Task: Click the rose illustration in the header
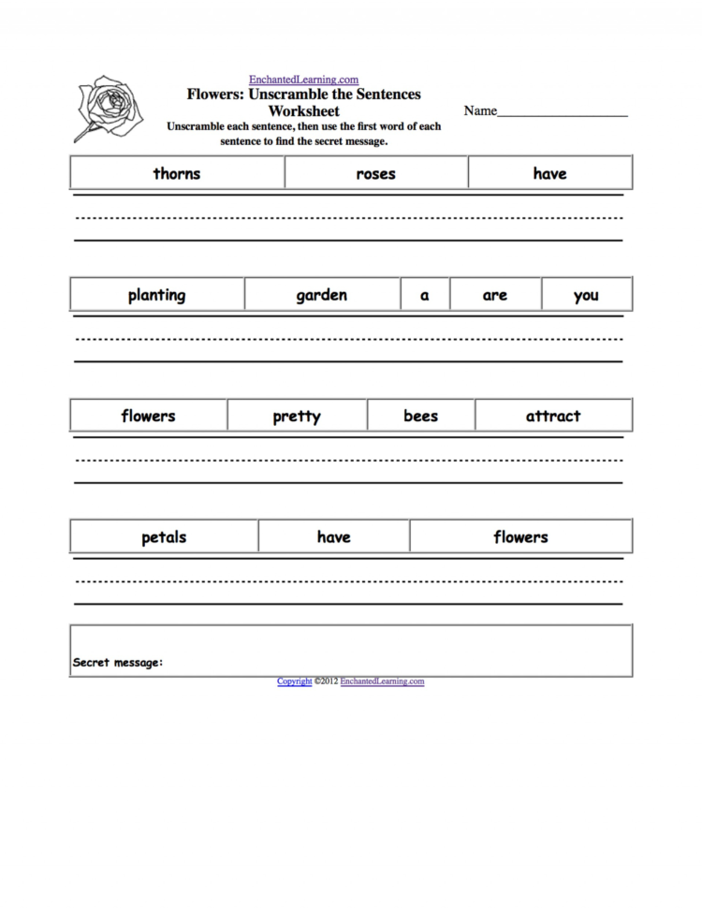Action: pyautogui.click(x=109, y=108)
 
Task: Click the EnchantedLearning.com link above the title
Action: pyautogui.click(x=303, y=81)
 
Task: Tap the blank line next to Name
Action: pyautogui.click(x=562, y=113)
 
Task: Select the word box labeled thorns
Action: pyautogui.click(x=177, y=173)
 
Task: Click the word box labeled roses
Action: pyautogui.click(x=376, y=173)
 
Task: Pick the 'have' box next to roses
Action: pyautogui.click(x=549, y=173)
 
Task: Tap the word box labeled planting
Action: pyautogui.click(x=156, y=295)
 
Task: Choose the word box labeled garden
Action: pyautogui.click(x=322, y=295)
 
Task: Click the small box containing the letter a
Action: pyautogui.click(x=425, y=295)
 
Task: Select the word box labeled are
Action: pyautogui.click(x=495, y=295)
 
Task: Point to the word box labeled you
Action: pyautogui.click(x=586, y=295)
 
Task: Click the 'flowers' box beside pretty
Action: pyautogui.click(x=148, y=416)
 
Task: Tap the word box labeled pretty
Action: pyautogui.click(x=297, y=416)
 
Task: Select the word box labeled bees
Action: pyautogui.click(x=420, y=416)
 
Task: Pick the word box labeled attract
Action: pyautogui.click(x=552, y=416)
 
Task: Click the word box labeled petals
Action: pyautogui.click(x=164, y=536)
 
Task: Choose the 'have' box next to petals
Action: pyautogui.click(x=333, y=536)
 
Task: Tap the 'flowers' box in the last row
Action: pyautogui.click(x=520, y=536)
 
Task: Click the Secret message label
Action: pyautogui.click(x=118, y=663)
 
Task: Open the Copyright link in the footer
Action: pyautogui.click(x=294, y=681)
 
